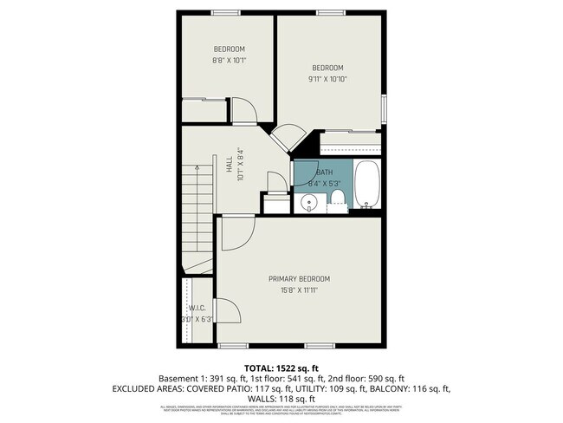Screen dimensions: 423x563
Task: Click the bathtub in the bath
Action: (x=367, y=185)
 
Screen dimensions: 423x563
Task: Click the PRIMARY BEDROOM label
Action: (x=299, y=278)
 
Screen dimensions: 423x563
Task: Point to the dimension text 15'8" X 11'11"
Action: (x=299, y=290)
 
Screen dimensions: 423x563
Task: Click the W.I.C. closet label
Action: (x=197, y=308)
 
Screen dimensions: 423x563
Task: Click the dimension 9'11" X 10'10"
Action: (x=328, y=80)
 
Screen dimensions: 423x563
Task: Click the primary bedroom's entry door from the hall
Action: (x=236, y=231)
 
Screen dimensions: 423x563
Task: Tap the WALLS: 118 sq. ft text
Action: (x=281, y=399)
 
